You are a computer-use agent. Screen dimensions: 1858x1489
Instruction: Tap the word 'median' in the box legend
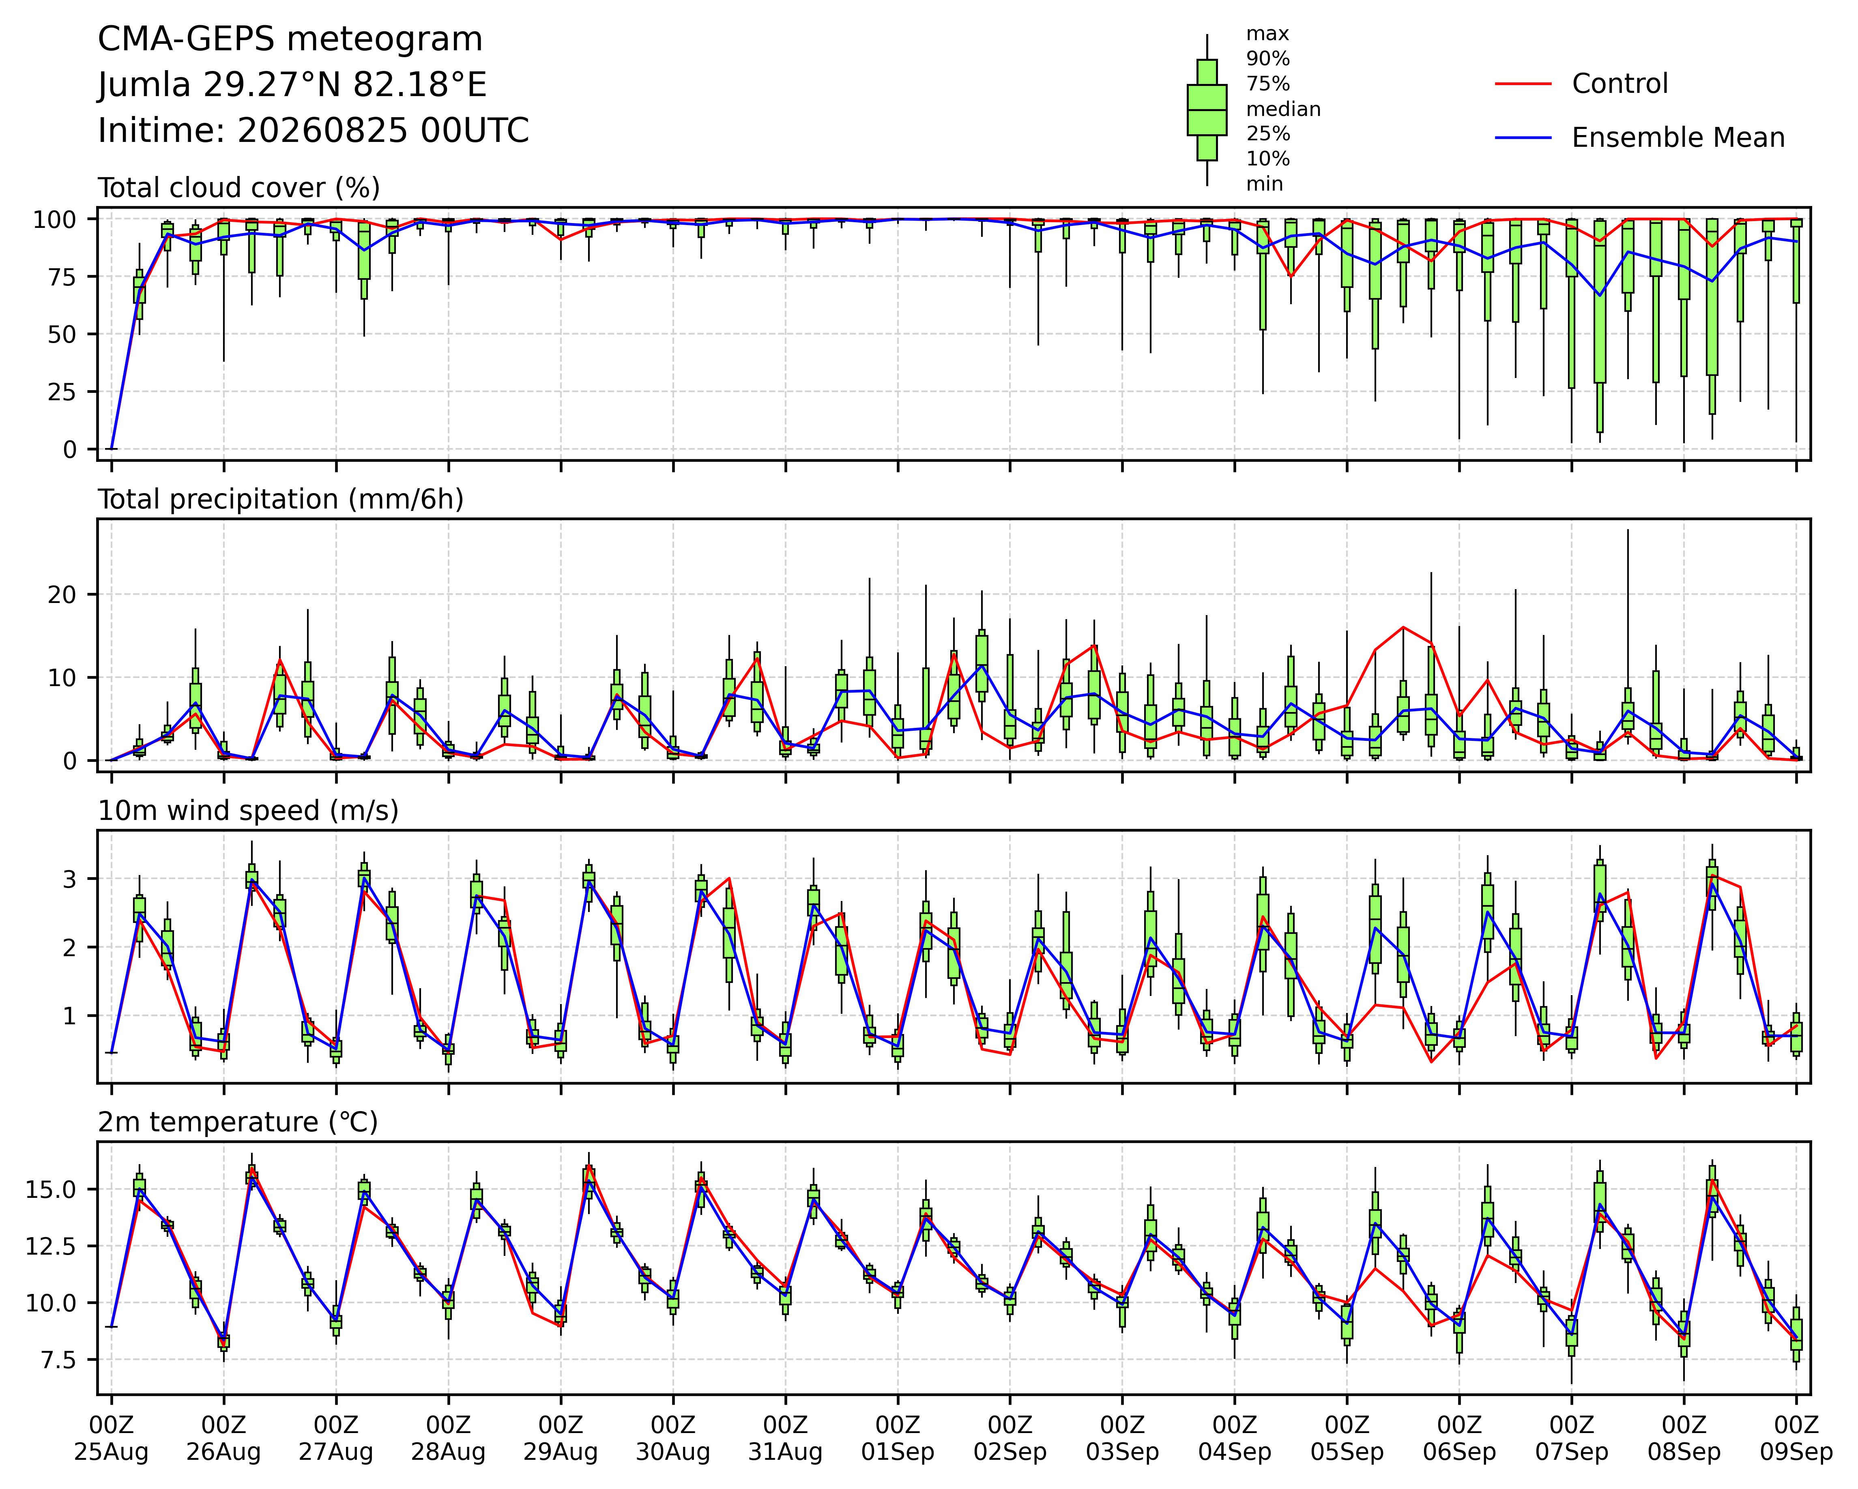[x=1283, y=109]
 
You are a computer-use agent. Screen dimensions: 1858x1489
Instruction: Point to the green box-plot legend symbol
[x=1207, y=109]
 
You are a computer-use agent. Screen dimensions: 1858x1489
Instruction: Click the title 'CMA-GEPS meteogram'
[x=290, y=40]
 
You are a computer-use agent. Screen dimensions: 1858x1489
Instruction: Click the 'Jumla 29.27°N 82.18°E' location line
[x=292, y=85]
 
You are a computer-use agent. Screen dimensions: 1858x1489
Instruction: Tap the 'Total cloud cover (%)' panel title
[x=239, y=188]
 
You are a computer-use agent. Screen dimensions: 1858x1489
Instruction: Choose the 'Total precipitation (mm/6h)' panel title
[x=281, y=500]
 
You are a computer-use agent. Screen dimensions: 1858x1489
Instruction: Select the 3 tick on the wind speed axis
[x=69, y=879]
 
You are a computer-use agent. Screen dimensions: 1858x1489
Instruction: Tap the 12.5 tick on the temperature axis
[x=54, y=1246]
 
